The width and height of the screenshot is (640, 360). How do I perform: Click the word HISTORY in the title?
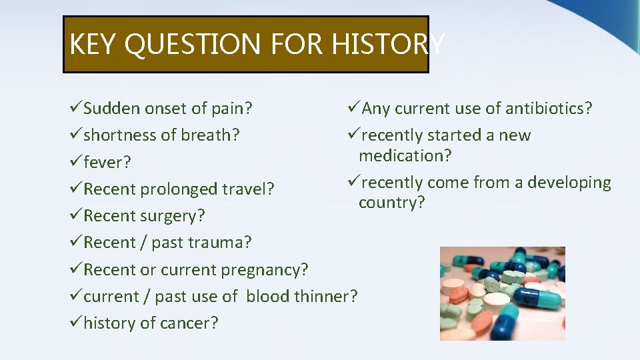click(x=388, y=45)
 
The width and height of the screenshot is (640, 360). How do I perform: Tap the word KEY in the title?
click(x=94, y=45)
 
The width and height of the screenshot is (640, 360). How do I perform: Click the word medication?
click(x=405, y=156)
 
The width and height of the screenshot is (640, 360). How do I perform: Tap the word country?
click(x=391, y=203)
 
